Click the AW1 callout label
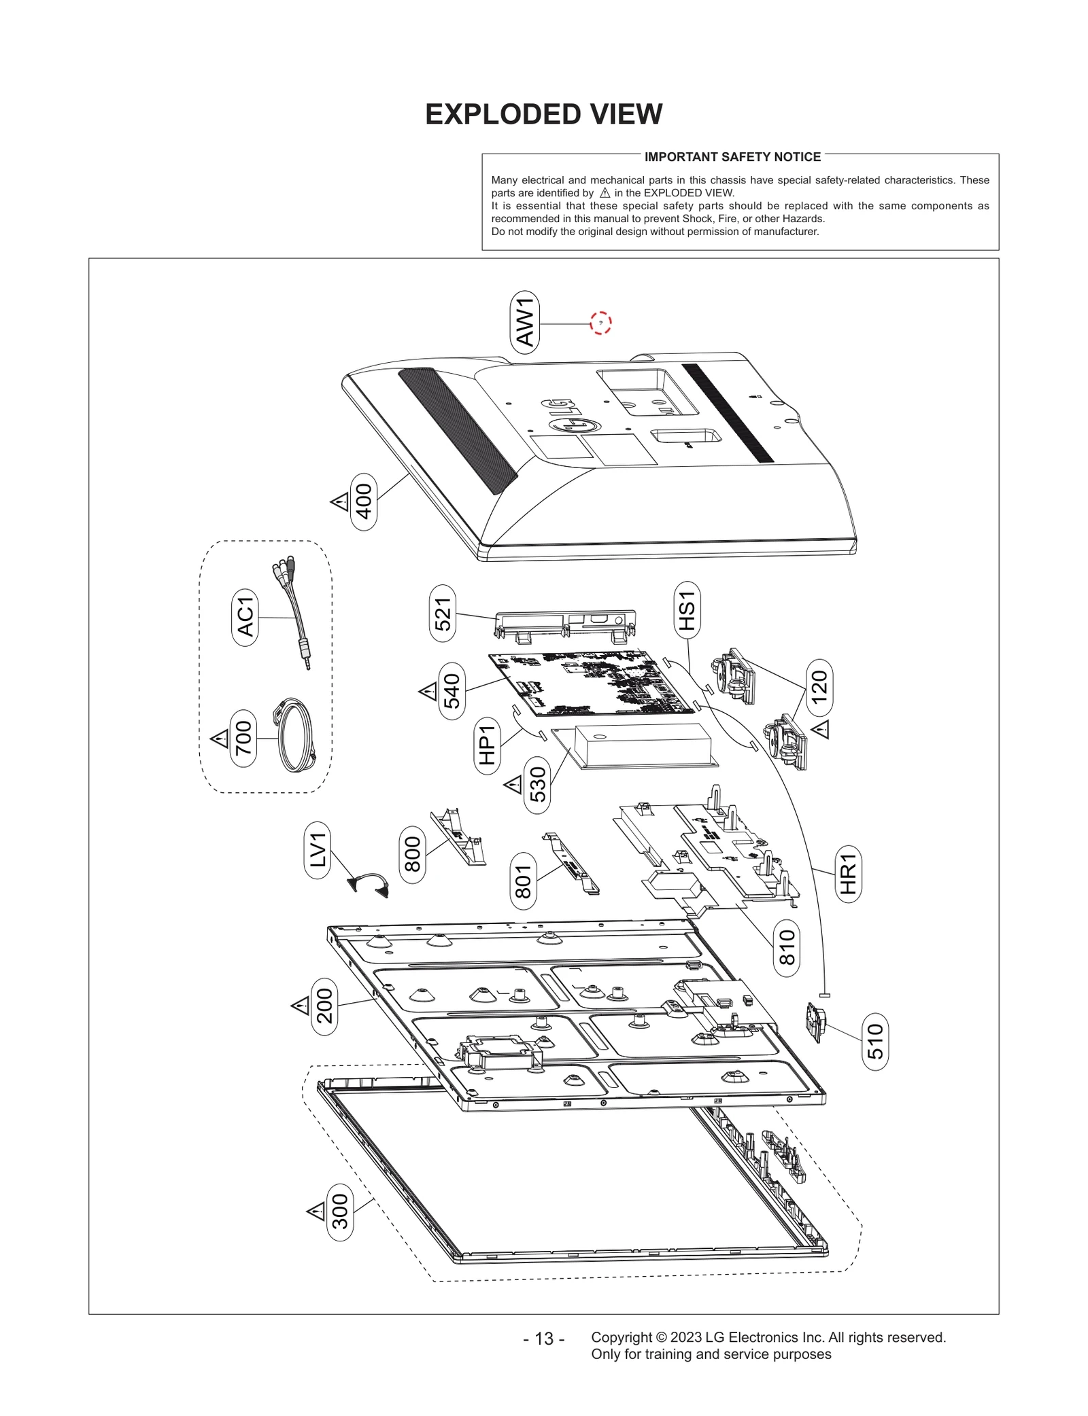pos(525,322)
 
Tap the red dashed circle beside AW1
pos(600,323)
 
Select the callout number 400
pos(364,501)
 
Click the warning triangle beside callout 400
pos(339,503)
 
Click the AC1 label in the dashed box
pos(245,617)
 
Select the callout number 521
pos(443,613)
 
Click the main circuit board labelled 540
pos(588,683)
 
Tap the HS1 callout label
pos(687,609)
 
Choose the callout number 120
pos(819,687)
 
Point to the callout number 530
pos(537,785)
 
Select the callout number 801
pos(523,881)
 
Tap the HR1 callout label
pos(848,874)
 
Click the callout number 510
pos(875,1041)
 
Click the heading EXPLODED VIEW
pos(543,114)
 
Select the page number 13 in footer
pos(543,1338)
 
